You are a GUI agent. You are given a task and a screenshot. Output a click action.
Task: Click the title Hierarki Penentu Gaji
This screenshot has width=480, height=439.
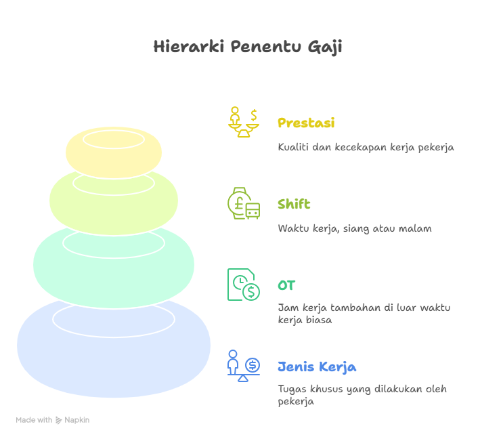(247, 47)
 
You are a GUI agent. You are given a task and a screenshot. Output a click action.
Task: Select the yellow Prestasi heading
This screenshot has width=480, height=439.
(306, 123)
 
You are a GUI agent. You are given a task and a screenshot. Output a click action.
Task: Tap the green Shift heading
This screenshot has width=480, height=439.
(294, 204)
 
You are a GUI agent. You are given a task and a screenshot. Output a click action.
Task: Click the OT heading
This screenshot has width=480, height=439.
(286, 285)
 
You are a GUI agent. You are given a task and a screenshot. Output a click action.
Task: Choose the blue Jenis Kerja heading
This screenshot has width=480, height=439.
(317, 367)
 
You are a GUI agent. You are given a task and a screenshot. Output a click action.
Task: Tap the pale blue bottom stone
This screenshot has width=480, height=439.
(114, 352)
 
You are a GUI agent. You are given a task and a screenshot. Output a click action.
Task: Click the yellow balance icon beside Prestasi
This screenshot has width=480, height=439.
(244, 123)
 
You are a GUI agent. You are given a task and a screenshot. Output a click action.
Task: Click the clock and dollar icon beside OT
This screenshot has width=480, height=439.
(244, 285)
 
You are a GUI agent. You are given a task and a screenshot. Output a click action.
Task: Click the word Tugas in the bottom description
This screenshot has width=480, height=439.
(292, 390)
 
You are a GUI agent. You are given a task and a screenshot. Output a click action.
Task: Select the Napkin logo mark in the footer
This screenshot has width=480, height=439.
(59, 420)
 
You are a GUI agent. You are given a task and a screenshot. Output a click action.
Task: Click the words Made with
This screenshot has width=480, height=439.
(34, 420)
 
